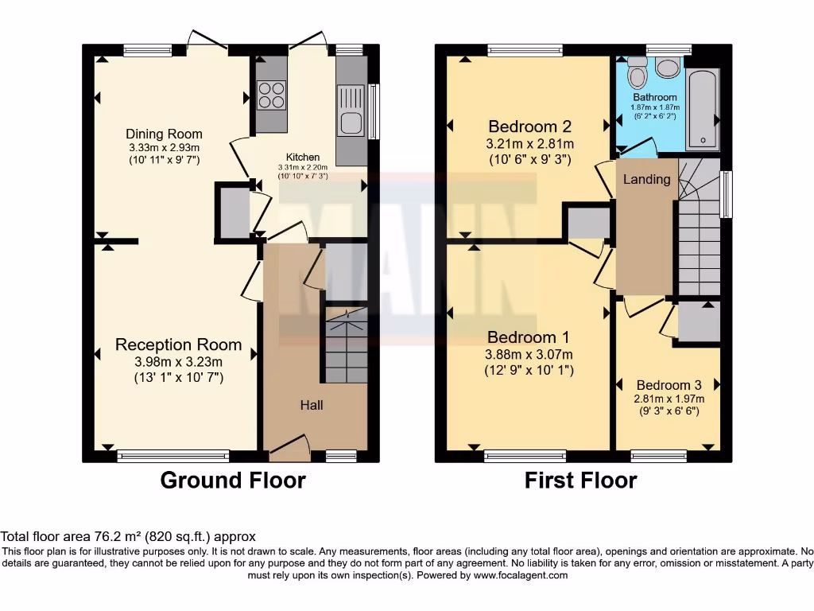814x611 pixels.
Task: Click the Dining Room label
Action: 165,134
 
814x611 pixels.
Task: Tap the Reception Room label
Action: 178,344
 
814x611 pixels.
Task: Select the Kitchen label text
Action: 303,158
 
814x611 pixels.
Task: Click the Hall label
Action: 311,405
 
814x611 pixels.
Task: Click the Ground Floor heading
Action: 233,481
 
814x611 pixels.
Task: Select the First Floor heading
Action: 580,481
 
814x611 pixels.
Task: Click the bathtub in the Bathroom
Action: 703,109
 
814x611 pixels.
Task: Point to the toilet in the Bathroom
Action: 637,74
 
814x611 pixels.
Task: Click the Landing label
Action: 646,179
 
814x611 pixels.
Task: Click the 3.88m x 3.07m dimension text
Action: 530,354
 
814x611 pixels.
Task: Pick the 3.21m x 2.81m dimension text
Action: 530,144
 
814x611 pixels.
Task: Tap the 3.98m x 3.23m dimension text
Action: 178,362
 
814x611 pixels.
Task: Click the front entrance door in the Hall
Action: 289,447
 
